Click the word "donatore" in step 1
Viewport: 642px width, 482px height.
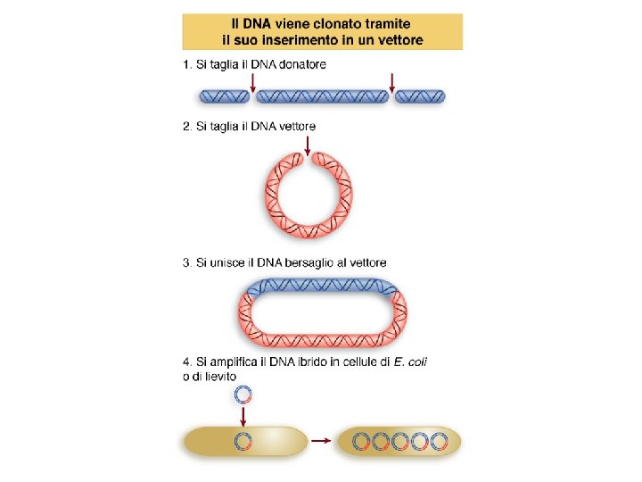(300, 64)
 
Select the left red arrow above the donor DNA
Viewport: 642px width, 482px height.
(254, 83)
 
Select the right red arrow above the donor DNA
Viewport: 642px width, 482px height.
(391, 83)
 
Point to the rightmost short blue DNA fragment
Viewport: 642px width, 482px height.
(421, 96)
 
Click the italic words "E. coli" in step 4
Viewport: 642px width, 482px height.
(419, 361)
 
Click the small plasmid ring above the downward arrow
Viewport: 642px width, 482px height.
(243, 395)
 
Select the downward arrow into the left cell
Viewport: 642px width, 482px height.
(243, 415)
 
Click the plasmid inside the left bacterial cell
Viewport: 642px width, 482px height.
(243, 440)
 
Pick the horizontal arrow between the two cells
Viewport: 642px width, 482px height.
(321, 440)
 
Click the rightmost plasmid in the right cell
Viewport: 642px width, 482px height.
(440, 441)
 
